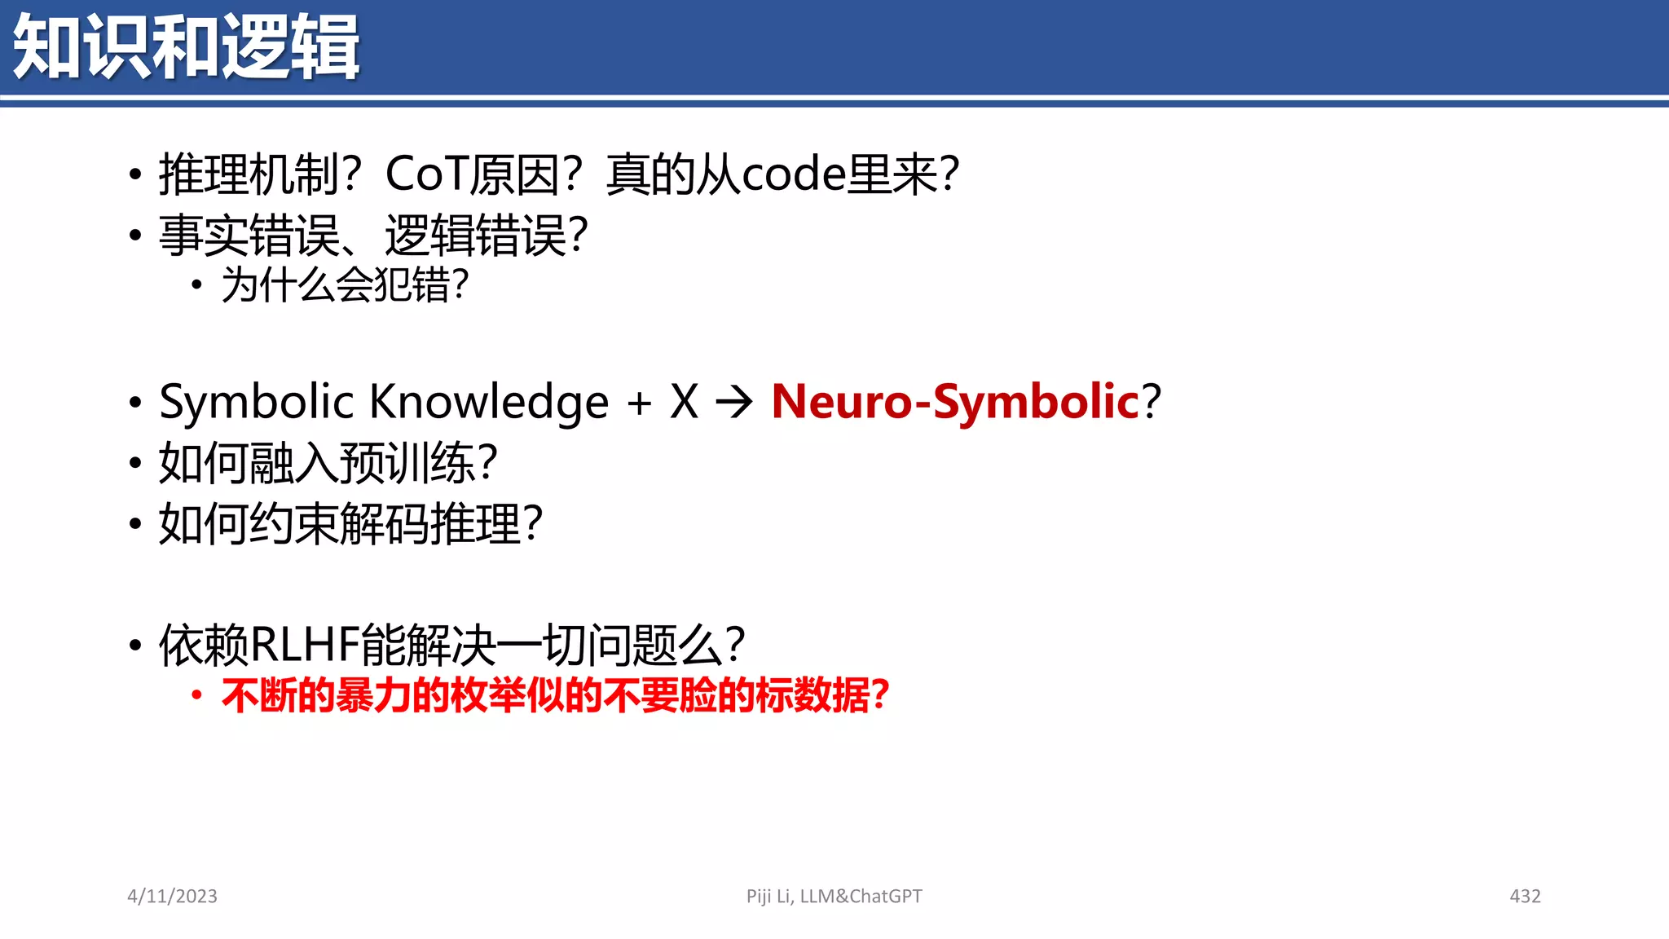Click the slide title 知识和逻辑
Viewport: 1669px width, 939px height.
(x=186, y=47)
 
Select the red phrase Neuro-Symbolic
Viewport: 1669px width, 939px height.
(x=954, y=401)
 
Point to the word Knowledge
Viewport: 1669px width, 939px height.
(x=489, y=401)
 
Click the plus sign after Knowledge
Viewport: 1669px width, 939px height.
(x=640, y=403)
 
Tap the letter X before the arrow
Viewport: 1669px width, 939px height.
(x=685, y=402)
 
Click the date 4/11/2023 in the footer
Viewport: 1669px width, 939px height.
(x=172, y=896)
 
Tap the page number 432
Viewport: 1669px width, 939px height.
(x=1525, y=896)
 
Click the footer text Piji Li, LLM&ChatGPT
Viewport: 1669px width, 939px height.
(x=834, y=896)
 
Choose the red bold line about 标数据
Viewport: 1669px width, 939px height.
(x=554, y=696)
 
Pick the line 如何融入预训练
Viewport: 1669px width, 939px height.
(x=326, y=463)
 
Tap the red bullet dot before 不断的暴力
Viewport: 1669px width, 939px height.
(x=196, y=695)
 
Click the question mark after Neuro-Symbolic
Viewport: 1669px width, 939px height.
(x=1152, y=401)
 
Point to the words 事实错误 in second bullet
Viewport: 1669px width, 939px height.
(x=249, y=236)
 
